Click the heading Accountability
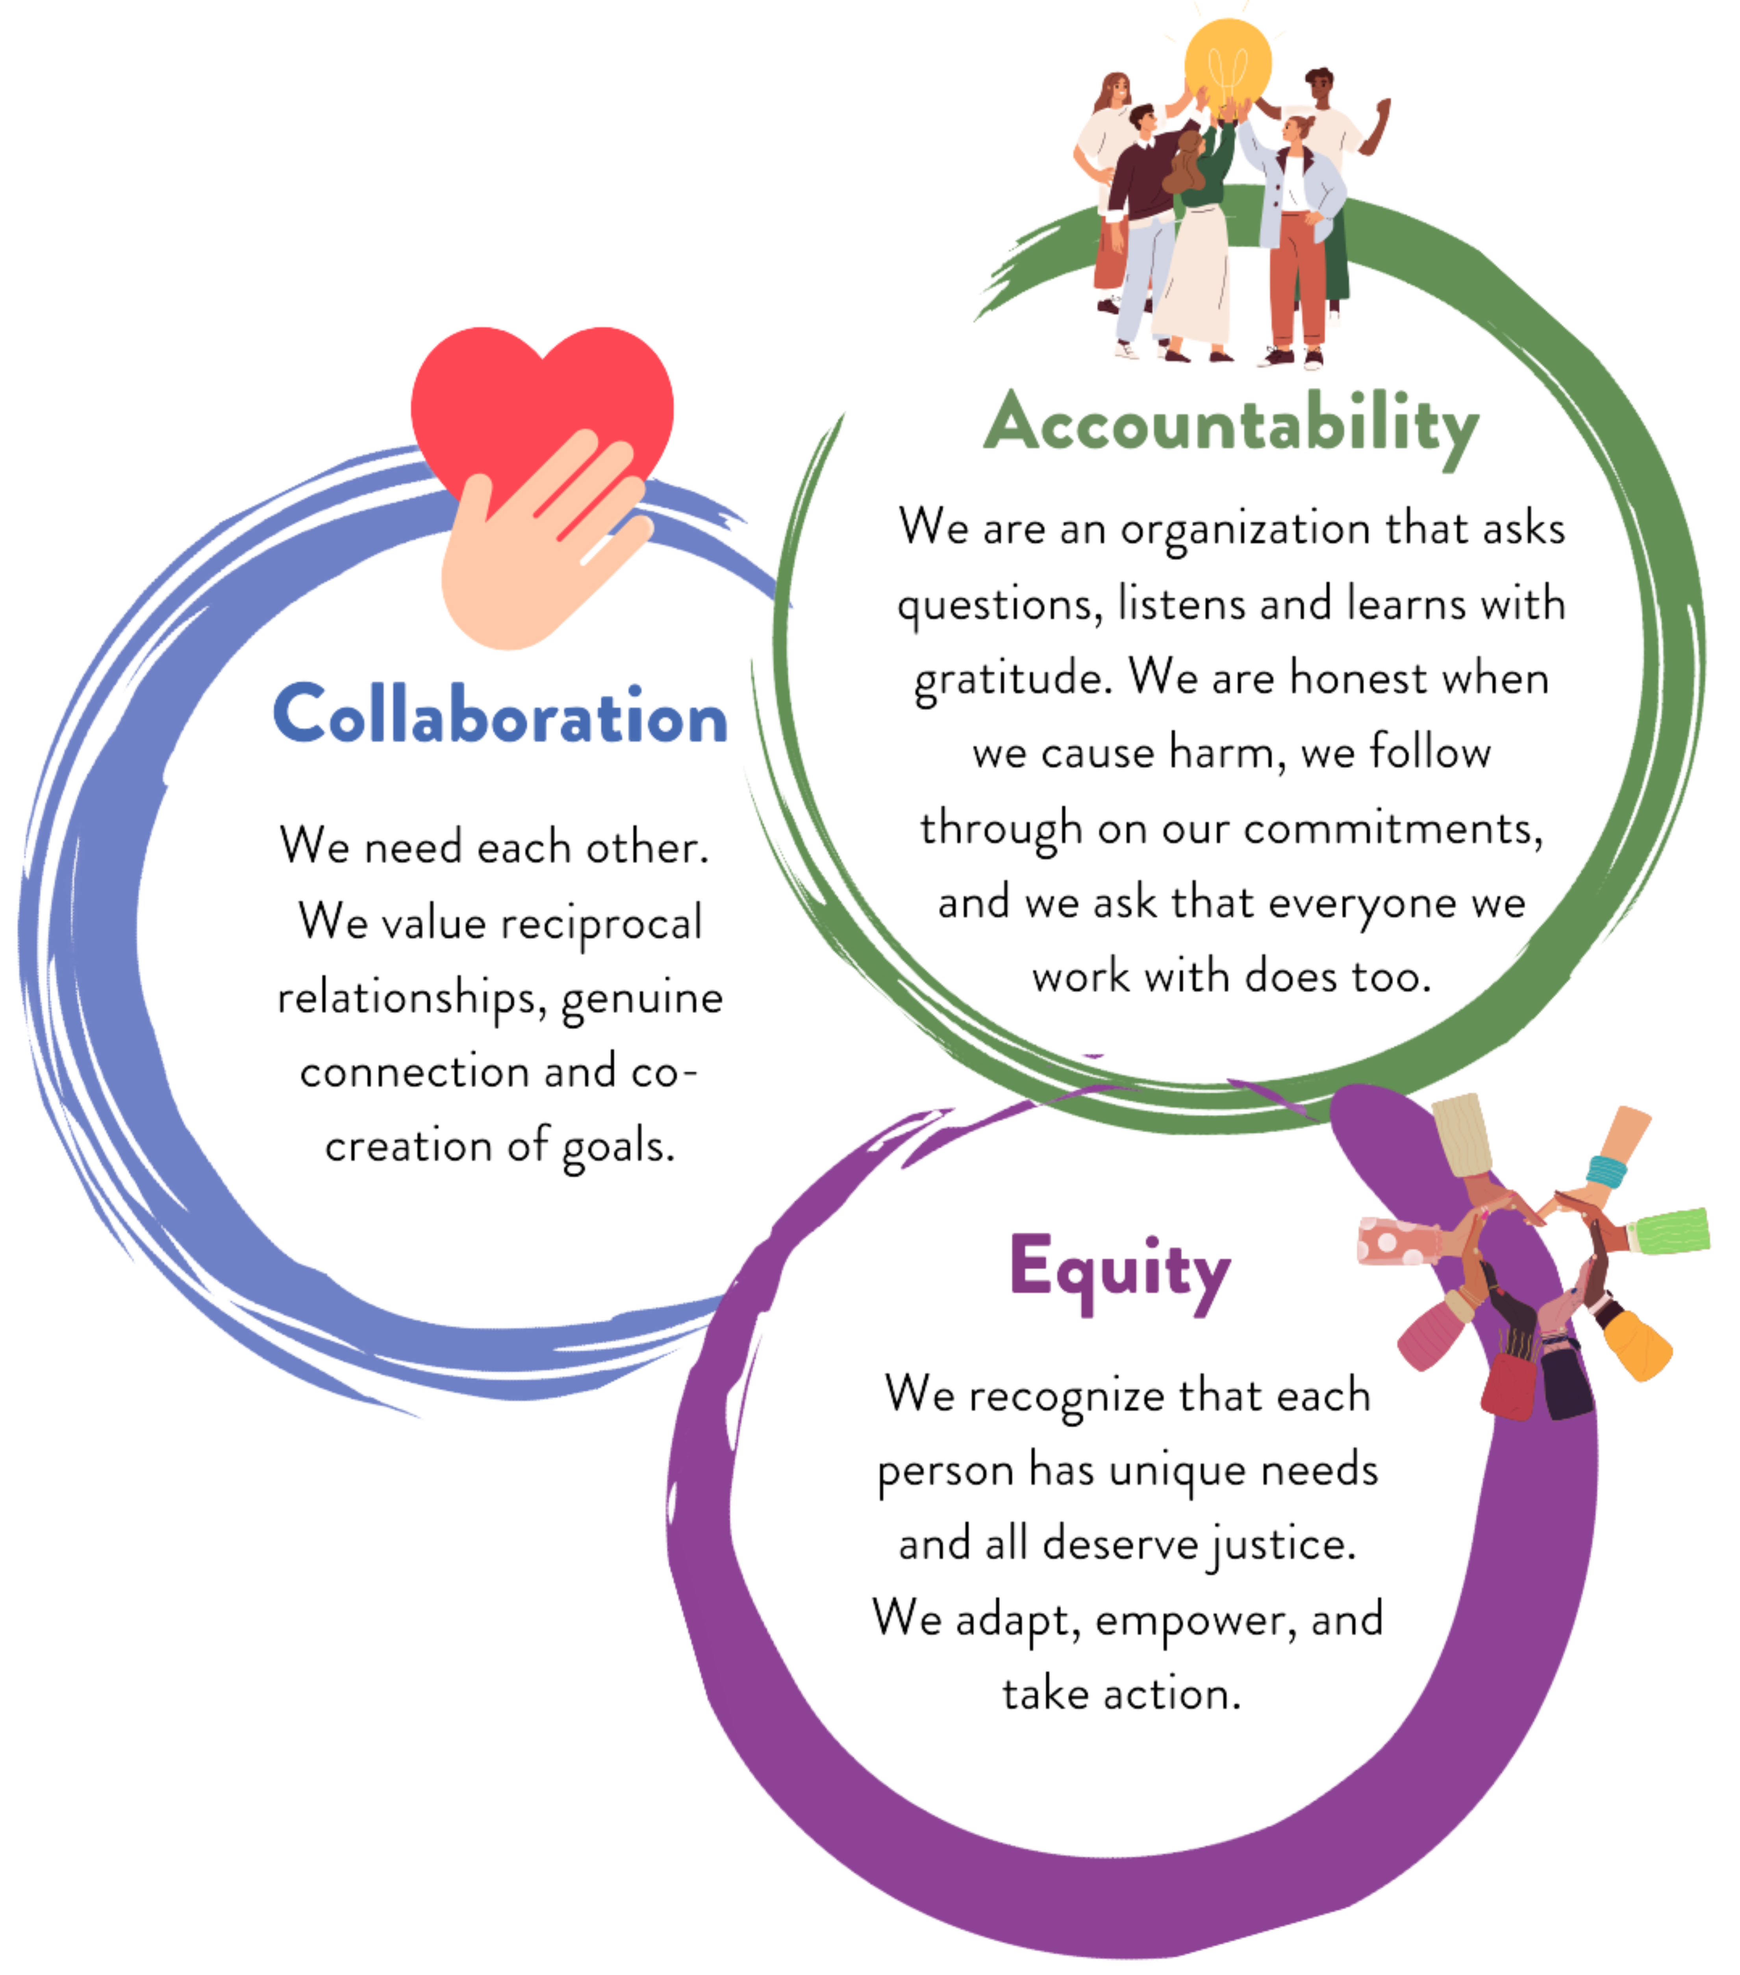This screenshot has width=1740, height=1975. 1230,425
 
